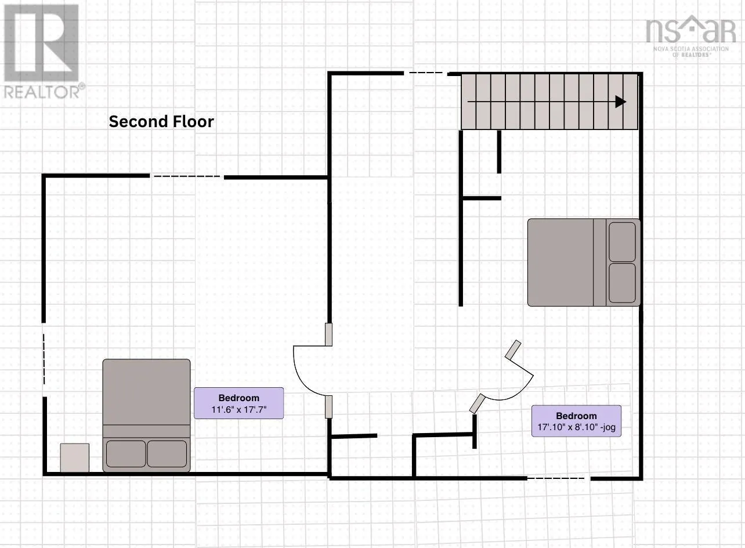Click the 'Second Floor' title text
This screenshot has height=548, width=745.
point(161,122)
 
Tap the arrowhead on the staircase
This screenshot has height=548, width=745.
point(621,102)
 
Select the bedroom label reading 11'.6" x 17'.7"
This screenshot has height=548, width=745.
point(239,403)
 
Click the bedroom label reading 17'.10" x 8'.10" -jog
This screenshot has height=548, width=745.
point(576,421)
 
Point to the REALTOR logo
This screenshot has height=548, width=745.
point(42,52)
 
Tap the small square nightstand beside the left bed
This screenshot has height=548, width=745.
point(74,457)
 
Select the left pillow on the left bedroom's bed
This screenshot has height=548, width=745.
point(126,454)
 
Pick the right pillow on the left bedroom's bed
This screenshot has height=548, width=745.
point(167,454)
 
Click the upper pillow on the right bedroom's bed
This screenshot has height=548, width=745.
point(622,242)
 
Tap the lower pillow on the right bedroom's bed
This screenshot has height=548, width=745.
point(622,283)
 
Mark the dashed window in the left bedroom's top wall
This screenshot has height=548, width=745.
point(187,176)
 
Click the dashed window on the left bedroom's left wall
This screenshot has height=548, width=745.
point(44,359)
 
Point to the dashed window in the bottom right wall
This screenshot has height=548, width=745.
point(558,478)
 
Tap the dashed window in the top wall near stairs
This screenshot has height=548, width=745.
point(426,73)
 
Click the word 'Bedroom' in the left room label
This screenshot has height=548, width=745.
point(239,398)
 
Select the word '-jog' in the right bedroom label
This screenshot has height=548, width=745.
point(608,427)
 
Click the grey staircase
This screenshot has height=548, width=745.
point(549,102)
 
